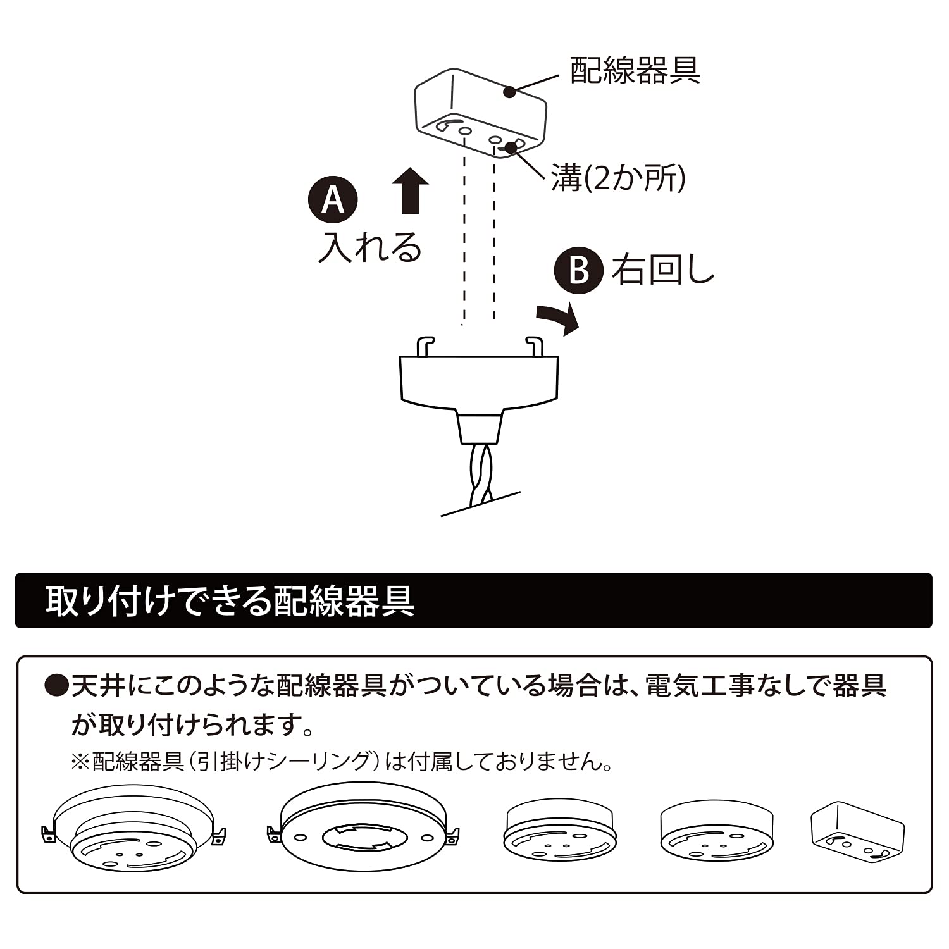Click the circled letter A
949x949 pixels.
click(333, 200)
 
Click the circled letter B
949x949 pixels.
click(578, 270)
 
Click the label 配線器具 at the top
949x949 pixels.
click(635, 70)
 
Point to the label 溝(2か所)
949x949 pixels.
click(618, 178)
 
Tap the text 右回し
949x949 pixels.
click(662, 270)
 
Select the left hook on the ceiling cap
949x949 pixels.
click(426, 345)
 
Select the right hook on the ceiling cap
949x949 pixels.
click(535, 345)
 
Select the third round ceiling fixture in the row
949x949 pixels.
click(559, 833)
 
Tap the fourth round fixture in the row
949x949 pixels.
click(716, 833)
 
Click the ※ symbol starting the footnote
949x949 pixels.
click(80, 761)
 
